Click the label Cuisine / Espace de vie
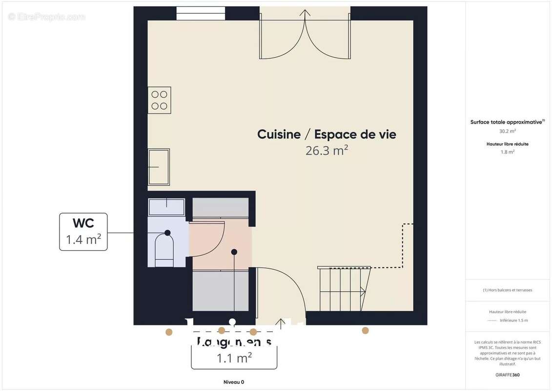point(327,134)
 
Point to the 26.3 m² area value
point(327,151)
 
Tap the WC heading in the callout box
point(83,223)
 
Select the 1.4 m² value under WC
point(83,239)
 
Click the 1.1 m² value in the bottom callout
point(234,358)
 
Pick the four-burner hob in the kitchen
point(159,100)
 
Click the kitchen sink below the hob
point(159,167)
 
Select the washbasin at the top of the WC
point(166,207)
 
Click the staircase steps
point(342,289)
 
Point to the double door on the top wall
point(305,34)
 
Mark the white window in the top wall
point(200,13)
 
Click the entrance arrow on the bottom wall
point(280,323)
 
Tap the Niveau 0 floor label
point(233,382)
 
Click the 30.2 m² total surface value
point(508,131)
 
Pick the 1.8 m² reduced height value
point(508,152)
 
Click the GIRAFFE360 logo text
point(508,375)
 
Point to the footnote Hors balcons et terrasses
point(508,290)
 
